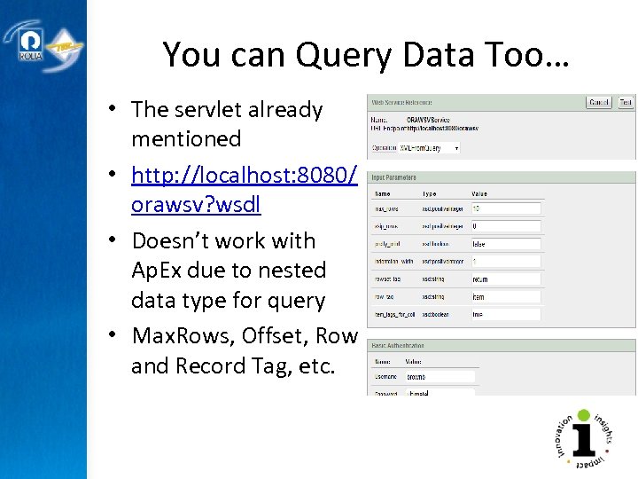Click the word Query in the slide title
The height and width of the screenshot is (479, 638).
pos(339,55)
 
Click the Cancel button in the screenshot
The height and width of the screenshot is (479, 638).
pos(599,103)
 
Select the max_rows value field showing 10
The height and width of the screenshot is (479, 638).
pos(505,209)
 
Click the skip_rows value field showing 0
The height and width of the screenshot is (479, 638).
pos(505,227)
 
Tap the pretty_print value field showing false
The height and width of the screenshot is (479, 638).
pos(505,244)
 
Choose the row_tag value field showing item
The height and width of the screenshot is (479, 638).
pos(505,297)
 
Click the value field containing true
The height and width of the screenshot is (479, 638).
pos(505,314)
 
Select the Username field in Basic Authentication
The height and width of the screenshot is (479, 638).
pos(440,377)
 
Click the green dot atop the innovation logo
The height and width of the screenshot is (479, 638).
pos(583,414)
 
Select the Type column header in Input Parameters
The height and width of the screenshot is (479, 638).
pos(430,192)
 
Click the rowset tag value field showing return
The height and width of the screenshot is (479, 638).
pos(505,279)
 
